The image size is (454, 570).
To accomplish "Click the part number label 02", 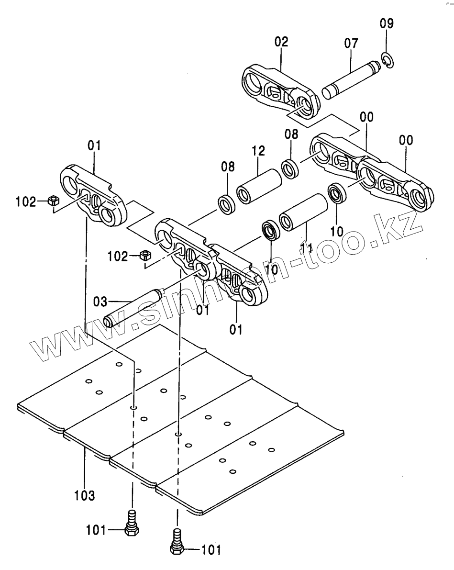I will pyautogui.click(x=281, y=42).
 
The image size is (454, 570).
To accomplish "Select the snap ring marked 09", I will pyautogui.click(x=387, y=60).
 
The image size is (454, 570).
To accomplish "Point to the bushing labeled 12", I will pyautogui.click(x=260, y=186).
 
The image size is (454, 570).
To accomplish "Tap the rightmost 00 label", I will pyautogui.click(x=406, y=141).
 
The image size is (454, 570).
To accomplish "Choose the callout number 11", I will pyautogui.click(x=307, y=248).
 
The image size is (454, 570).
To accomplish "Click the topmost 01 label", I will pyautogui.click(x=94, y=145).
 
